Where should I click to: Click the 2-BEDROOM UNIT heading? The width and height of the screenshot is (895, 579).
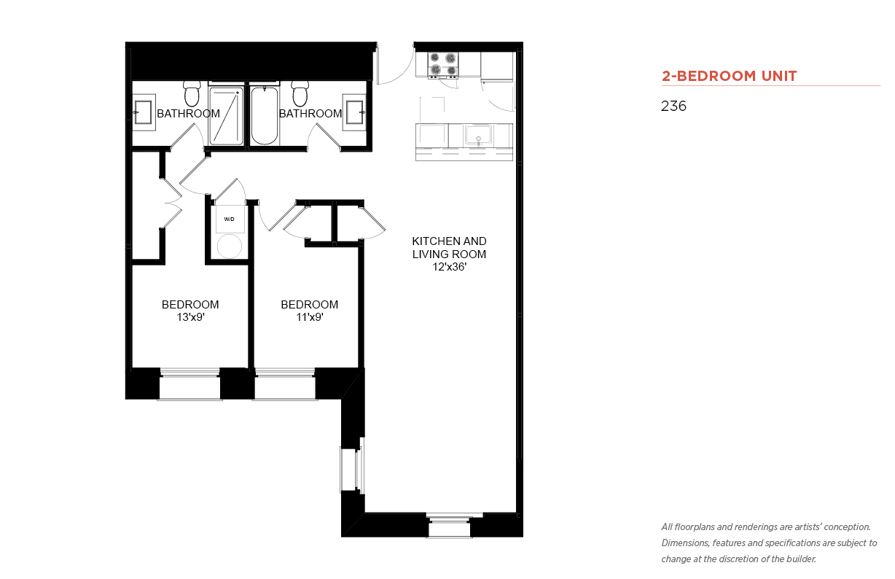point(729,76)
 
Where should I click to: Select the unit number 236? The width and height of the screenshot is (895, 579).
point(673,106)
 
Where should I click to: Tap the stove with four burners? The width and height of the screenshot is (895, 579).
point(443,64)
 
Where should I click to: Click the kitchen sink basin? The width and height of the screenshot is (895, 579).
point(478,135)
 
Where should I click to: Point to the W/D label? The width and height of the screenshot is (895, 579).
point(230,219)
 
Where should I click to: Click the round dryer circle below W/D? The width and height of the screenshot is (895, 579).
point(230,246)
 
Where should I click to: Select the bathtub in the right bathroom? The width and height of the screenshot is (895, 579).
point(264,115)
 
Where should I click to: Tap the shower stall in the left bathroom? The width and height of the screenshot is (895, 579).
point(226,116)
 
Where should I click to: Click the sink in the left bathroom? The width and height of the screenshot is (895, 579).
point(143,112)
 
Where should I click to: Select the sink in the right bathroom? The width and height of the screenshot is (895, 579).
point(354,112)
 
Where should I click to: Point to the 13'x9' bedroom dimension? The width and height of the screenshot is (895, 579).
point(190,317)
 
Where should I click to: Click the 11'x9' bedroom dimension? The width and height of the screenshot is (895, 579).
point(310,317)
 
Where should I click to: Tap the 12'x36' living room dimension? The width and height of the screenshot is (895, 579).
point(450,267)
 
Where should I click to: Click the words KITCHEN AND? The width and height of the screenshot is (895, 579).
point(450,241)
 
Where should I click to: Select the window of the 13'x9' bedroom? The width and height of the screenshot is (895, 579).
point(189,384)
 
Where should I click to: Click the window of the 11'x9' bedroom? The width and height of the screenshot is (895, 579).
point(284,384)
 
